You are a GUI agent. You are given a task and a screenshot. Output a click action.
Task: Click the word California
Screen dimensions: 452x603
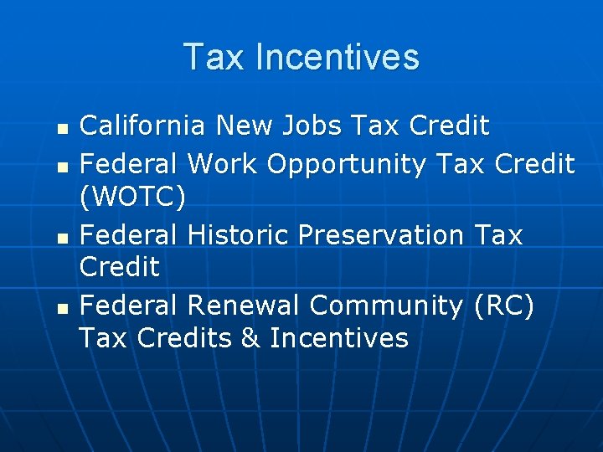pyautogui.click(x=142, y=126)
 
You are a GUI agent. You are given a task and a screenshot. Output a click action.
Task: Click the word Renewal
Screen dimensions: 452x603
pyautogui.click(x=245, y=306)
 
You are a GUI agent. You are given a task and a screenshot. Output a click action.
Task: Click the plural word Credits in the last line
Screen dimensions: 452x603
pyautogui.click(x=186, y=338)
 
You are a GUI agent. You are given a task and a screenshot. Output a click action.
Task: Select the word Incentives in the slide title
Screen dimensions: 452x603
pyautogui.click(x=338, y=57)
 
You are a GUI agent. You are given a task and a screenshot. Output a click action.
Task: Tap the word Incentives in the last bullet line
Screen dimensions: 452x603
pyautogui.click(x=339, y=338)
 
